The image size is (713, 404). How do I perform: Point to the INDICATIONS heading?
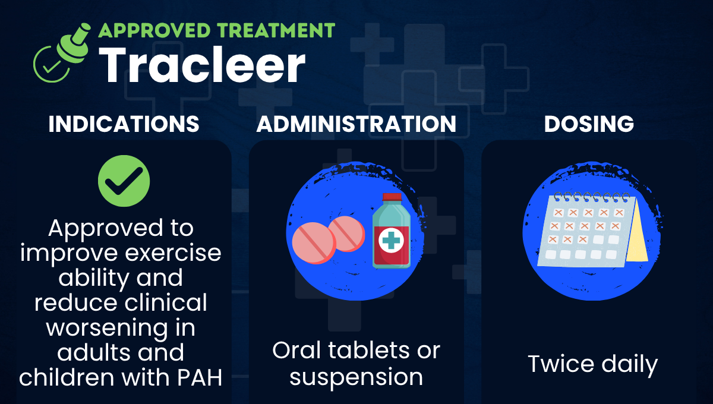tap(124, 124)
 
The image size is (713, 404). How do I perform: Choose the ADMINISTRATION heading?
tap(356, 124)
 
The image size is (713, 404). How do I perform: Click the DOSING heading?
tap(589, 124)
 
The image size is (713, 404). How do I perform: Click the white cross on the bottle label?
tap(391, 240)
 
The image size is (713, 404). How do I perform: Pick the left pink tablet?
tap(313, 243)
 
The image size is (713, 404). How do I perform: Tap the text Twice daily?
tap(592, 364)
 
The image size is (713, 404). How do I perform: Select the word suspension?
tap(356, 377)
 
